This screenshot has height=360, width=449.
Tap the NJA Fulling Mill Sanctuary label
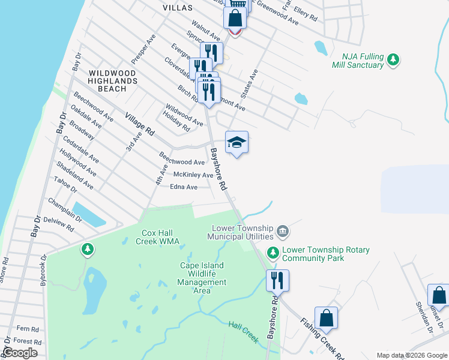pos(358,61)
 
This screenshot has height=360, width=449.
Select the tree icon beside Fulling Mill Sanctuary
pos(393,59)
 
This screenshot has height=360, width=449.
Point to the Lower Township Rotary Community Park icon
pos(273,252)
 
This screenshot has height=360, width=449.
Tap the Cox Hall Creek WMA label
pos(160,237)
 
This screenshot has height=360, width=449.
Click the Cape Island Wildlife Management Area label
pos(202,278)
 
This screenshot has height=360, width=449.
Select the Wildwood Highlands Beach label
pos(113,80)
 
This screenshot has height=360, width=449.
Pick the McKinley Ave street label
pos(193,175)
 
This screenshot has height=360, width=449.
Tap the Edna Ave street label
pos(184,187)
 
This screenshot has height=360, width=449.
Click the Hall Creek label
pos(243,332)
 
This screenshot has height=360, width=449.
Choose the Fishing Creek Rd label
pos(322,340)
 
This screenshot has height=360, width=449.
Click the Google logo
pos(20,353)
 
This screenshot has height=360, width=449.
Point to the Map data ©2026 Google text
pos(412,355)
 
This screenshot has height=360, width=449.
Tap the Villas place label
pos(178,8)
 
